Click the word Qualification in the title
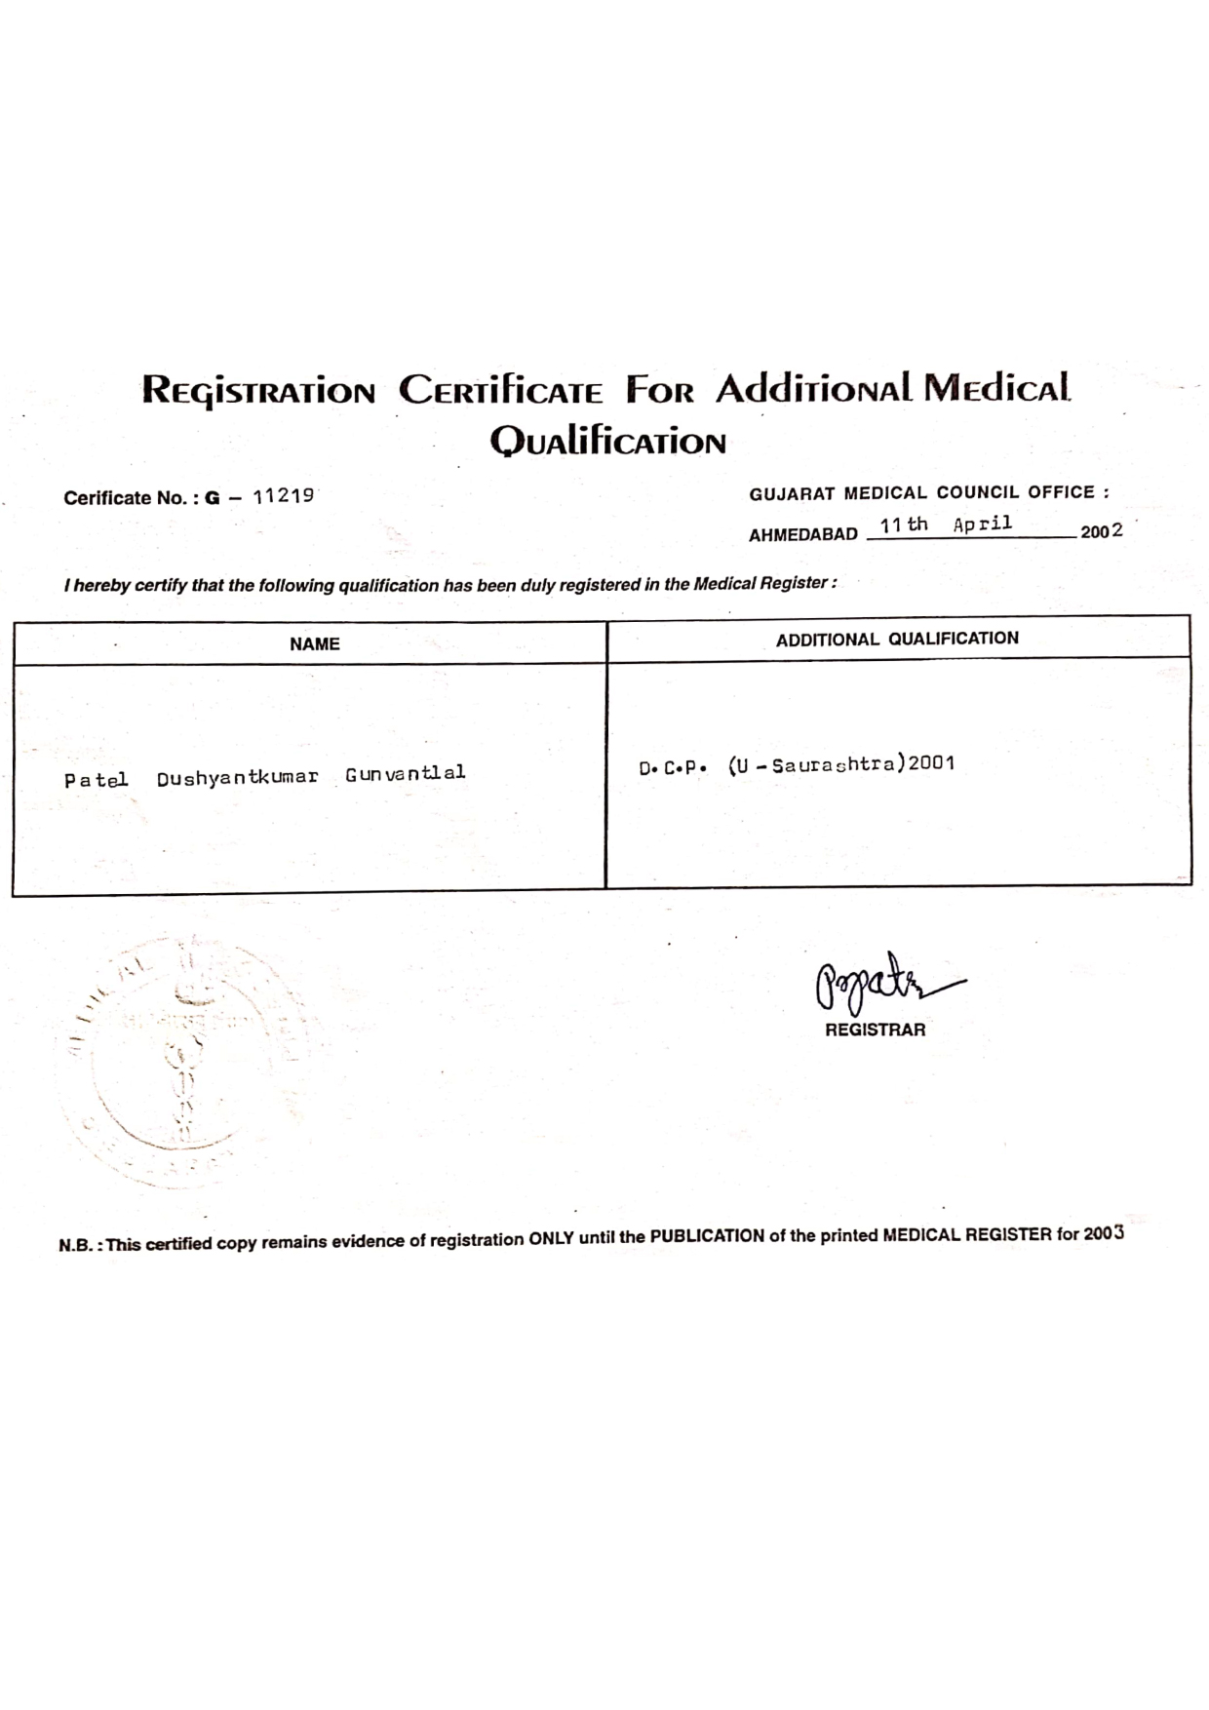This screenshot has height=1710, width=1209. pos(607,442)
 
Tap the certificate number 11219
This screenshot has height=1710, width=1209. pos(283,495)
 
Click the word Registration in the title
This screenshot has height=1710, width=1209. pos(258,390)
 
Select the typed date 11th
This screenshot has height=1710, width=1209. pos(904,525)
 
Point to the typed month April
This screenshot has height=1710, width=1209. pos(983,525)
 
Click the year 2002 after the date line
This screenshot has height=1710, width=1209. pos(1101,531)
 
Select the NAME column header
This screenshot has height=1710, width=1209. pos(314,644)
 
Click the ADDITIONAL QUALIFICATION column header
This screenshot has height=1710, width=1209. pos(897,639)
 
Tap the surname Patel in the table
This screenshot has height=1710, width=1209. pos(96,780)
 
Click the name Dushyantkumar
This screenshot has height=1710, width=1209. pos(237,777)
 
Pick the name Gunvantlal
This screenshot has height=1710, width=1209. pos(405,774)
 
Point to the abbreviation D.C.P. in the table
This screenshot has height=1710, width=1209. pos(672,768)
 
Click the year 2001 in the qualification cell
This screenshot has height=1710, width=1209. pos(931,763)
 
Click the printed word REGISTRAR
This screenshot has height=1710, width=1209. pos(875,1030)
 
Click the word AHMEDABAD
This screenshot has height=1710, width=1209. pos(802,535)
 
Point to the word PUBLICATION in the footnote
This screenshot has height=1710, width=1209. pos(707,1236)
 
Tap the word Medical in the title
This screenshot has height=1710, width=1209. pos(996,388)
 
